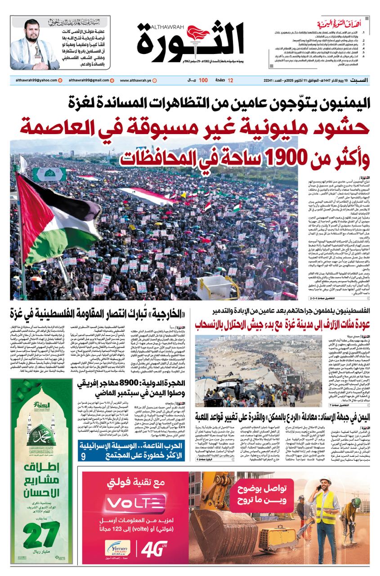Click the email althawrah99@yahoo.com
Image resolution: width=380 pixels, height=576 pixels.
(x=31, y=80)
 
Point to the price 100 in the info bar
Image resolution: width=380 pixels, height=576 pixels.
(x=203, y=80)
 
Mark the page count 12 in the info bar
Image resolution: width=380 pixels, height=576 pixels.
(x=231, y=80)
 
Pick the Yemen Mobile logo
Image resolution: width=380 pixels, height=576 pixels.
(x=117, y=550)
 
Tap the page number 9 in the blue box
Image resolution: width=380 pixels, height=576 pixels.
(x=83, y=457)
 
